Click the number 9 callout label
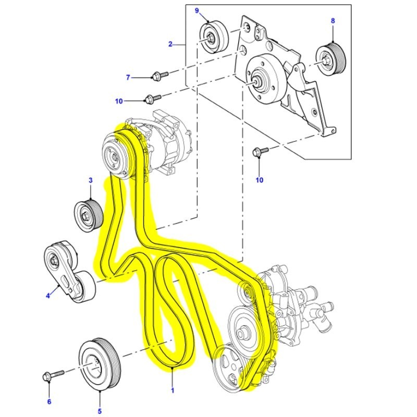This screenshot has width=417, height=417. tap(197, 10)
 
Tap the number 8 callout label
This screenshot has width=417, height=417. tap(332, 21)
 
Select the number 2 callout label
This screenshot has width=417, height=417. tap(170, 44)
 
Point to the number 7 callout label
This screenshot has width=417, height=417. tap(128, 78)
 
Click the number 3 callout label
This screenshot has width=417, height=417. tap(90, 181)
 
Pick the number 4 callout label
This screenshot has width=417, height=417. tap(47, 296)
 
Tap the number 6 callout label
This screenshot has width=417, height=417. tap(50, 401)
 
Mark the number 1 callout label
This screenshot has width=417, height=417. tap(173, 389)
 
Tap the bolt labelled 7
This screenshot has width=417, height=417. tap(159, 76)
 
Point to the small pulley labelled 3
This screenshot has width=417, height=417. tap(86, 214)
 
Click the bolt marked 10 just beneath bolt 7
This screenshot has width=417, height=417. tap(153, 97)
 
